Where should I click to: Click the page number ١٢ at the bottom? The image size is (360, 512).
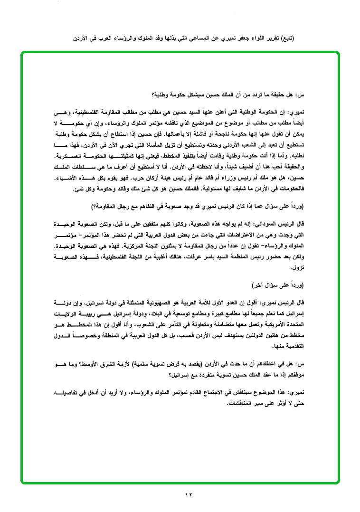point(189,495)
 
